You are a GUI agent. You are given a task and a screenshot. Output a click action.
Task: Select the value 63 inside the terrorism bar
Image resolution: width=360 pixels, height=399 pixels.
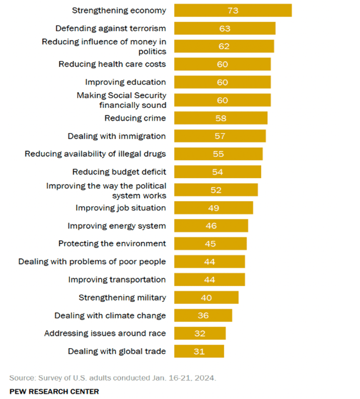point(225,28)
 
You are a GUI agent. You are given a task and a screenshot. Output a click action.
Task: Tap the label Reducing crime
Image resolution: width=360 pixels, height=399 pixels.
point(135,118)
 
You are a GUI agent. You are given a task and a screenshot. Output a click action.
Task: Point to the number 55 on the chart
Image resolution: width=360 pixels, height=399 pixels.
point(218,154)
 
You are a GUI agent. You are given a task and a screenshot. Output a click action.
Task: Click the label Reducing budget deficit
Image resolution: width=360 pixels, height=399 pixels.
point(119,172)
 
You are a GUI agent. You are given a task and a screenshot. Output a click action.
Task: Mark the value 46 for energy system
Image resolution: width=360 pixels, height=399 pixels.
point(211,226)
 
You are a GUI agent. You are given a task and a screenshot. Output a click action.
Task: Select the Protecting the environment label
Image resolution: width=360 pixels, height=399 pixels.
point(112,244)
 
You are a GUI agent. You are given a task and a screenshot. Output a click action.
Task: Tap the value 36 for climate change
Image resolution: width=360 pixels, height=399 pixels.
point(203,315)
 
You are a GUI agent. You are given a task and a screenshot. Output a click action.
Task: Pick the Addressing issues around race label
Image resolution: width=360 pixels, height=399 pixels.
point(105,333)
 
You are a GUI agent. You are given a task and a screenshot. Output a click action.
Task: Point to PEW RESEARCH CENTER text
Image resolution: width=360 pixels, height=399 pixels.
point(54,391)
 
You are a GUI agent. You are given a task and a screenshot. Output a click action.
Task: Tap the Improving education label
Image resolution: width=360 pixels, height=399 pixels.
point(125,82)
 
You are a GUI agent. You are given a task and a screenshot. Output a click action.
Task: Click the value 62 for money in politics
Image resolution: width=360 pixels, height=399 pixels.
point(224,46)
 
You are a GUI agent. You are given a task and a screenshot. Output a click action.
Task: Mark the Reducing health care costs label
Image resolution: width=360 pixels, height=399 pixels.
point(112,64)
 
